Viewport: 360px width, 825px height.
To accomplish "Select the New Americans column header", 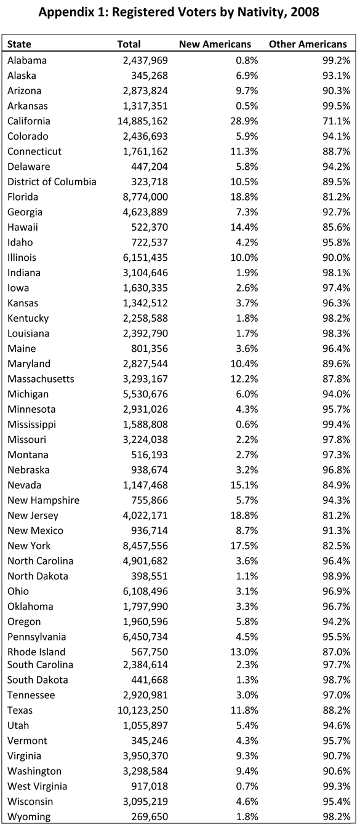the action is [215, 44].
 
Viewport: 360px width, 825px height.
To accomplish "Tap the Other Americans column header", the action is [308, 44].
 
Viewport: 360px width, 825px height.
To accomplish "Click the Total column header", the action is [129, 44].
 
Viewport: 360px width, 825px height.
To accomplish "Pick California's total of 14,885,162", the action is [143, 121].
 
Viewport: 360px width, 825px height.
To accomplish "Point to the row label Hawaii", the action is [23, 227].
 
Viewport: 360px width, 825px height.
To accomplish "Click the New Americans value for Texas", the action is [244, 710].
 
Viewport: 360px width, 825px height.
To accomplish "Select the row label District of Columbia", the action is [52, 182].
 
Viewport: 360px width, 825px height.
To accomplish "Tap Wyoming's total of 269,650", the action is [150, 816].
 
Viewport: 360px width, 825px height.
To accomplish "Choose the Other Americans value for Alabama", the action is [337, 60].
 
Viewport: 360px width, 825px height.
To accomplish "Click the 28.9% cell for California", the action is [244, 121].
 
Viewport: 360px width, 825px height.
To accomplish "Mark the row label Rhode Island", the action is [36, 652].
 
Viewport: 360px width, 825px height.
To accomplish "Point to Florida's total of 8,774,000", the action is [145, 197].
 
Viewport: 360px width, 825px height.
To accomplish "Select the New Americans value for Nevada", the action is [244, 485].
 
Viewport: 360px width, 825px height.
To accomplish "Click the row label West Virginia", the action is [37, 786].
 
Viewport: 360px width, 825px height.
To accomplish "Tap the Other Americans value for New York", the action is [337, 546].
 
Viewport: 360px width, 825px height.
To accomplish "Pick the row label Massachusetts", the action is [41, 379].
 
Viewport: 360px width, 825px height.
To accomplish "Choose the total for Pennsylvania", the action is [145, 637].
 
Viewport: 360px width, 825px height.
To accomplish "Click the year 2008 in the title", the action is [305, 12].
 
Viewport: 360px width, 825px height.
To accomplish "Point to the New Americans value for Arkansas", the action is [247, 106].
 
